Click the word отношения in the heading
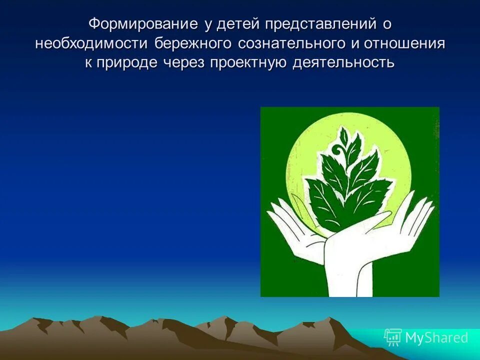click(x=404, y=43)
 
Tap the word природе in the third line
click(x=131, y=63)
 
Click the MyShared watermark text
click(x=436, y=338)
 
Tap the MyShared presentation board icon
click(x=392, y=338)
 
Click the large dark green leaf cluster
click(x=345, y=190)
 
